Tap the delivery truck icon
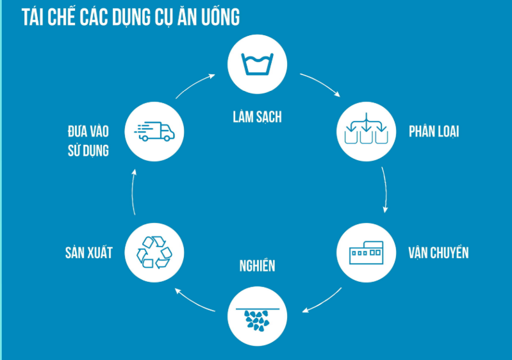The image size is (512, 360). (154, 131)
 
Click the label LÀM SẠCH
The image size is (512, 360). (257, 117)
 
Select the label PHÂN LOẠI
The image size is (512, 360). (434, 132)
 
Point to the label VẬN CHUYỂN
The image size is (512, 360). (438, 252)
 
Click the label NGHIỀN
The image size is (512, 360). (257, 265)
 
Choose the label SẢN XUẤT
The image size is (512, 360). (89, 252)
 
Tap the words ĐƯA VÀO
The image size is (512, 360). (88, 131)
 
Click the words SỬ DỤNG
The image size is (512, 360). (88, 152)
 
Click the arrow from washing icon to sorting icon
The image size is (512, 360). (320, 84)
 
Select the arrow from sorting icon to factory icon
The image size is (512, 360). (386, 190)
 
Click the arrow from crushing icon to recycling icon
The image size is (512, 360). (193, 300)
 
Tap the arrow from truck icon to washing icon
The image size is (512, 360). (196, 85)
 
